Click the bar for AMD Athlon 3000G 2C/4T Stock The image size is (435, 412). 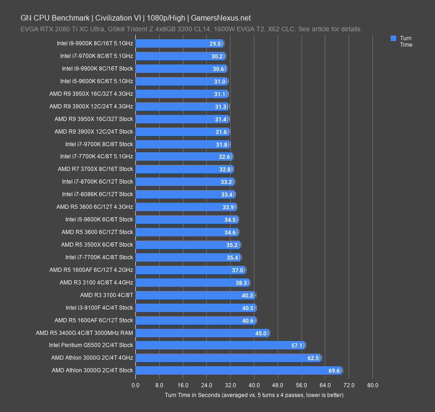[238, 370]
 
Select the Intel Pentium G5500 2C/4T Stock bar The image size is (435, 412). [219, 345]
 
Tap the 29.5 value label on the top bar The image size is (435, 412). [215, 43]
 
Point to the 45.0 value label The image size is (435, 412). [260, 333]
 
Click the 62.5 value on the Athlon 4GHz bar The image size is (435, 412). [313, 358]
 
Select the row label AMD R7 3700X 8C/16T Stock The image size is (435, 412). [95, 169]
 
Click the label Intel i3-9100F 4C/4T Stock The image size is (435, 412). [99, 308]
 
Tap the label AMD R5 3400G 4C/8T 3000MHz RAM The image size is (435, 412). [84, 333]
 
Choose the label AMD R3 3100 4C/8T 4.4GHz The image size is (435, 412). [96, 283]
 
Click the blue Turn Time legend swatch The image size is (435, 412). [393, 38]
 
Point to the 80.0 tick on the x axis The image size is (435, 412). [372, 385]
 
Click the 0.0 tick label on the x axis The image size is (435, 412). [135, 385]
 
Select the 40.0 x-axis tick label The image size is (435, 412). [254, 385]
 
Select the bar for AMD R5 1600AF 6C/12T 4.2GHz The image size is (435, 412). [187, 270]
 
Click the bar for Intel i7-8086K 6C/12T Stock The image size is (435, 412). [182, 194]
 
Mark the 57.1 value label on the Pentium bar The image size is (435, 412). [297, 345]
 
